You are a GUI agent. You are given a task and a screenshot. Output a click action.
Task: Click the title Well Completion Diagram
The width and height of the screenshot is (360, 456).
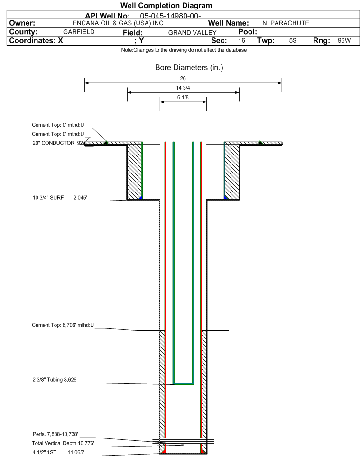(166, 5)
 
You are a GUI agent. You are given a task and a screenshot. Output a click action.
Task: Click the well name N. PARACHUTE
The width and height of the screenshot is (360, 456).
(286, 23)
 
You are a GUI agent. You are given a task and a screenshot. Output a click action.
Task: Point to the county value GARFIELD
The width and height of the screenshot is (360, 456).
(79, 32)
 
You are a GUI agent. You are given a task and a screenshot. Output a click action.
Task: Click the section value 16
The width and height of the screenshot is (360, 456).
(241, 41)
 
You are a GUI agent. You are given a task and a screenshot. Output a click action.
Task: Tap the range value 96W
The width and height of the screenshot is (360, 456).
(344, 41)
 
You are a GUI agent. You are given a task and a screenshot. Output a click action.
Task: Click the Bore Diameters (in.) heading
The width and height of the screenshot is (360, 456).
(189, 68)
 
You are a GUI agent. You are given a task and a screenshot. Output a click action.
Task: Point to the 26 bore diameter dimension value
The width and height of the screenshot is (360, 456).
(183, 78)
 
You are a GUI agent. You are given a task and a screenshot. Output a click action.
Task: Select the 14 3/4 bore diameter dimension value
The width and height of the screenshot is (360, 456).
(183, 88)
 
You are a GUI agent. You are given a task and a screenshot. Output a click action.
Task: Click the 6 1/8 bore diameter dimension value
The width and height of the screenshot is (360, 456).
(183, 97)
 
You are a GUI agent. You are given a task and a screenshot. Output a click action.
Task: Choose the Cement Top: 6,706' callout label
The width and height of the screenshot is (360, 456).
(63, 325)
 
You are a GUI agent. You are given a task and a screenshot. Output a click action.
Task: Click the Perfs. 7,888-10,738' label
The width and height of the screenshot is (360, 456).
(55, 434)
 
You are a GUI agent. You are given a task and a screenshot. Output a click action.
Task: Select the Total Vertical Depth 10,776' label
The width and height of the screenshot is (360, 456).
(63, 443)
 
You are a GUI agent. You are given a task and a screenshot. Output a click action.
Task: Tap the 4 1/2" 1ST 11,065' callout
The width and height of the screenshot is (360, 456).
(58, 453)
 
